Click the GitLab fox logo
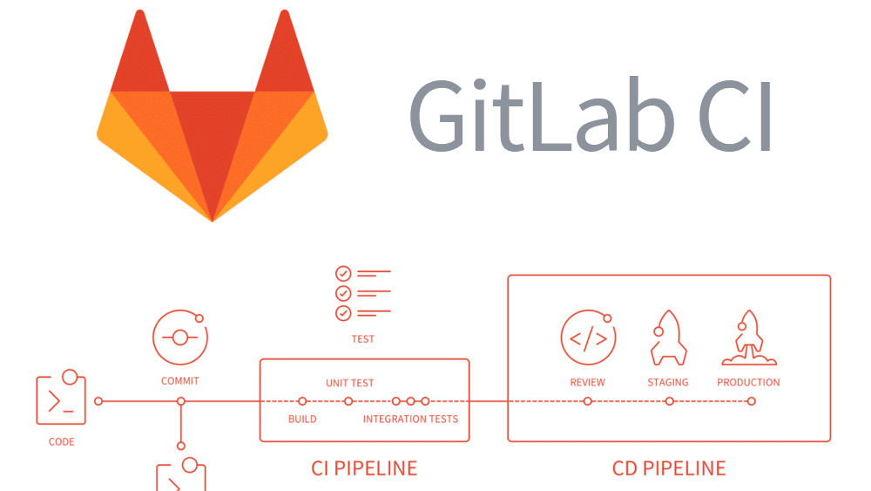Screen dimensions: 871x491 coord(213,116)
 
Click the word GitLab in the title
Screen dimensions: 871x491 coord(542,115)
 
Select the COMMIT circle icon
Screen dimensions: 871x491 coord(180,337)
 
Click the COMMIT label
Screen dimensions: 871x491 coord(180,381)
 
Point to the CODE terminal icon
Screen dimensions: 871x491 coord(61,397)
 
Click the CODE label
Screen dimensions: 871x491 coord(61,442)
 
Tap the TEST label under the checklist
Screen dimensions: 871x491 coord(362,339)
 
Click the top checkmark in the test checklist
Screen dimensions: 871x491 coord(343,274)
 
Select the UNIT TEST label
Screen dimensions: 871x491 coord(350,383)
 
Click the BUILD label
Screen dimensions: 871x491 coord(302,419)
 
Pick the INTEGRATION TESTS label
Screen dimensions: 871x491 coord(410,419)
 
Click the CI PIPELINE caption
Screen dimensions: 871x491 coord(364,468)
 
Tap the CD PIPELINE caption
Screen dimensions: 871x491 coord(669,468)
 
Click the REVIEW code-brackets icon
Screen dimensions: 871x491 coord(588,338)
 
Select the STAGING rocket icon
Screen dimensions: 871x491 coord(668,338)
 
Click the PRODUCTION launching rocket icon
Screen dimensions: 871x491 coord(749,338)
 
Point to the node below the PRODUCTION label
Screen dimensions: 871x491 coord(752,401)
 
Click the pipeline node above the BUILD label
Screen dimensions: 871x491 coord(302,401)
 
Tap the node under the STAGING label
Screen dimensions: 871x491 coord(670,401)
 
